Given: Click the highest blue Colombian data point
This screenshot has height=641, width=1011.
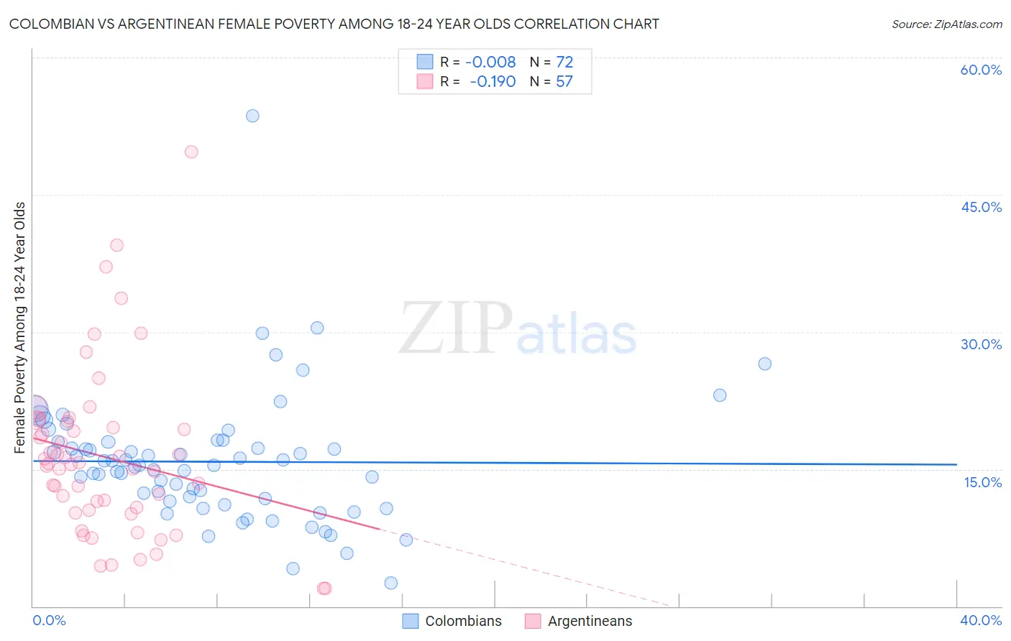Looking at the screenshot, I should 252,116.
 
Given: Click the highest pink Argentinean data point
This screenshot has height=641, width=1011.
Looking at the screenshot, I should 191,152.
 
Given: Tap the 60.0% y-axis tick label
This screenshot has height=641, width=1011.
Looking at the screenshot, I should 981,70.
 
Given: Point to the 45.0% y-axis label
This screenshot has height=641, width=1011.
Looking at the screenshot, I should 981,207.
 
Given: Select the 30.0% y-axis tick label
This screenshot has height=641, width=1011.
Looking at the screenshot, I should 981,344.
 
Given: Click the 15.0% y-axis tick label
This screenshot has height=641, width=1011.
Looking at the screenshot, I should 982,482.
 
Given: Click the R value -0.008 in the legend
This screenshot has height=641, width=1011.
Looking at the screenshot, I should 490,63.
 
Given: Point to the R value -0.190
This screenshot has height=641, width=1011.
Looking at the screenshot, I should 493,82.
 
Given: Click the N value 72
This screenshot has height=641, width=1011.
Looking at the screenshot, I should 564,63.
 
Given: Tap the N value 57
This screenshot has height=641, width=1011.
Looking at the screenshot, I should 564,82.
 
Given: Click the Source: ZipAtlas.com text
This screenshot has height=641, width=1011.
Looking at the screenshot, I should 946,24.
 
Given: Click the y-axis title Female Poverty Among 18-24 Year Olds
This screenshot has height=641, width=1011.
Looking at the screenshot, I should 20,328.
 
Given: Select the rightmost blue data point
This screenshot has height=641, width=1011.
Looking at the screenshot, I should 764,364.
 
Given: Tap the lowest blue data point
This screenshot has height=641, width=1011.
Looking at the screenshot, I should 390,583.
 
